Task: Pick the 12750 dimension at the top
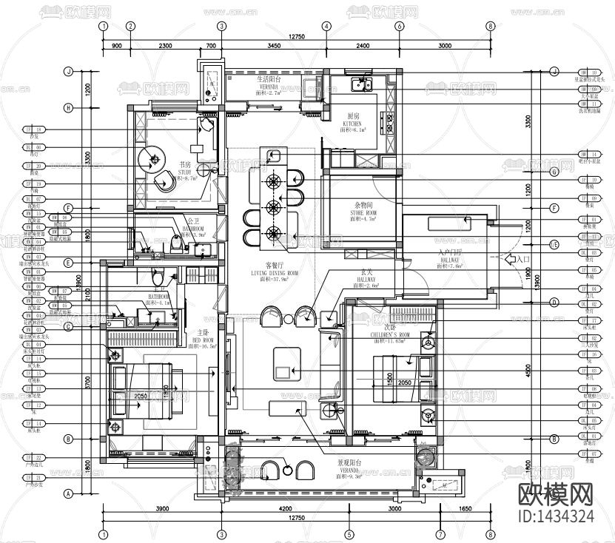click(296, 36)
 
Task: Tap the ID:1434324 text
click(554, 515)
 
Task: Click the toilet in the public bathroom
click(176, 242)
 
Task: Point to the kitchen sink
click(363, 84)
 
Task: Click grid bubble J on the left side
click(68, 72)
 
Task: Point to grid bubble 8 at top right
click(490, 26)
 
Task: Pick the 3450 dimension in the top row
click(273, 46)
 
